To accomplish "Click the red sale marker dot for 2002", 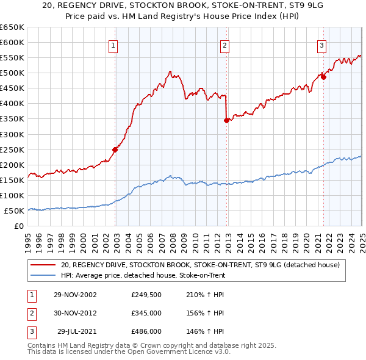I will point(115,149).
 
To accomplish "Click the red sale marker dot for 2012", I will point(226,120).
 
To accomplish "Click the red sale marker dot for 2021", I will point(323,77).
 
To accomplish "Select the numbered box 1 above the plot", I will point(114,45).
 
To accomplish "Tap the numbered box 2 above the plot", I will point(225,45).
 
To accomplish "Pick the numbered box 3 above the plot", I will point(321,45).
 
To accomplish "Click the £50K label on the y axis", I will point(14,211).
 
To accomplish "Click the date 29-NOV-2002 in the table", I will point(76,295).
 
